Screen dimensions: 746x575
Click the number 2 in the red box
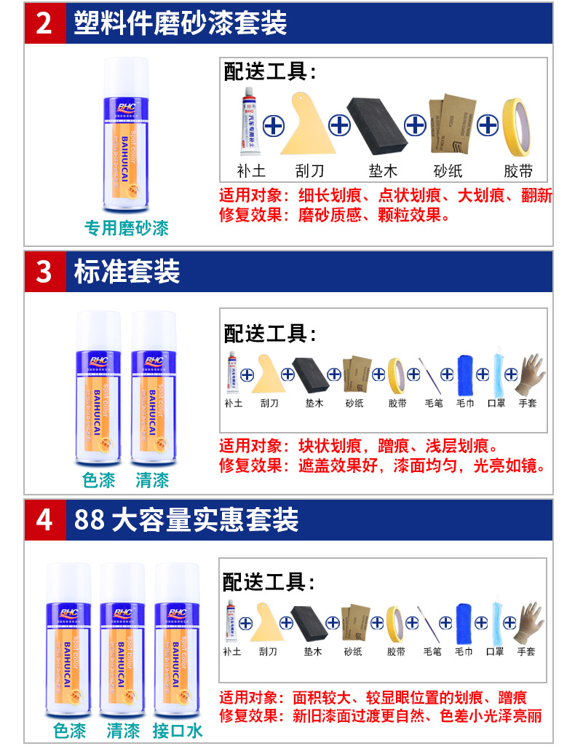(x=44, y=23)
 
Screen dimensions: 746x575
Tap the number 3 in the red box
(x=44, y=272)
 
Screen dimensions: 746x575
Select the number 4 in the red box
(x=44, y=520)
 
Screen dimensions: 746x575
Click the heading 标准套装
(x=127, y=272)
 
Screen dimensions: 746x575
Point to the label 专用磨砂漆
(x=126, y=228)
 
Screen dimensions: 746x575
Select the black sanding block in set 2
(x=377, y=125)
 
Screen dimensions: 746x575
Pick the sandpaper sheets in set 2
(x=451, y=125)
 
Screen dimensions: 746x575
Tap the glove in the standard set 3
(x=528, y=374)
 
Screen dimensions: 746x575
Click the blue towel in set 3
(x=465, y=374)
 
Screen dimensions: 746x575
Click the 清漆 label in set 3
(x=152, y=480)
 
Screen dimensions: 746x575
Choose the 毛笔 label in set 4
(x=432, y=651)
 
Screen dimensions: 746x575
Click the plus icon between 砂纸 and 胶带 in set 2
(x=487, y=125)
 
